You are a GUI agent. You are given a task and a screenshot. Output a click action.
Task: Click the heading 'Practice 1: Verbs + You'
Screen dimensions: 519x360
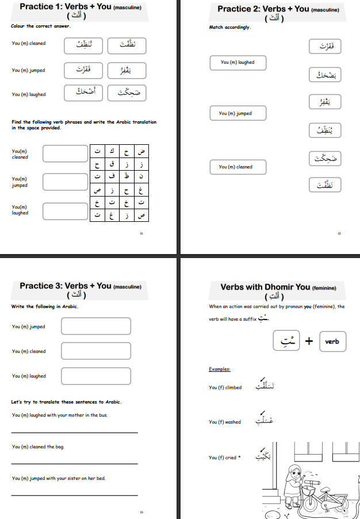coord(81,7)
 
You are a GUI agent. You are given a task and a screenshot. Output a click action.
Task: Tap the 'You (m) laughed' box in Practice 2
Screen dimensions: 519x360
coord(238,63)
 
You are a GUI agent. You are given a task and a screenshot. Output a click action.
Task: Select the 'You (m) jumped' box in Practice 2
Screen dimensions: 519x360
coord(238,114)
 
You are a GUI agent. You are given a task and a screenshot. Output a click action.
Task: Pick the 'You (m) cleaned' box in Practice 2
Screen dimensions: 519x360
coord(238,167)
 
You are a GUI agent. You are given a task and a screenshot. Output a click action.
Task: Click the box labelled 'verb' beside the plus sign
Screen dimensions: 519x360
coord(332,341)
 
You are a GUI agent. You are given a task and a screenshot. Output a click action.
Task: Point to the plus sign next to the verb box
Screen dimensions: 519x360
coord(309,341)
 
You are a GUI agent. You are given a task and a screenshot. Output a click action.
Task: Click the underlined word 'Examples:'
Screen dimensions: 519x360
coord(219,369)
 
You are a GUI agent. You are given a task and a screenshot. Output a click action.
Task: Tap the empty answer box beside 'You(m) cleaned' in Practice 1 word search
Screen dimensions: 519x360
coord(65,153)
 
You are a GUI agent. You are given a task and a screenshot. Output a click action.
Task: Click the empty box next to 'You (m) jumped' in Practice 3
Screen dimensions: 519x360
coord(95,326)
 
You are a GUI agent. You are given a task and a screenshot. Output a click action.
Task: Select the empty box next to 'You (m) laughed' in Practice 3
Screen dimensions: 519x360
coord(95,376)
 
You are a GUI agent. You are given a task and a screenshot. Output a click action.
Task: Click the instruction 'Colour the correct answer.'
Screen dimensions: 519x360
coord(41,26)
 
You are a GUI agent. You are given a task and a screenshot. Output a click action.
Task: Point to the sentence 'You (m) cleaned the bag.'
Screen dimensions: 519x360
coord(42,447)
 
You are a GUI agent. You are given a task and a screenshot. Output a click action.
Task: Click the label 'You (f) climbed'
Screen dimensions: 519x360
coord(225,387)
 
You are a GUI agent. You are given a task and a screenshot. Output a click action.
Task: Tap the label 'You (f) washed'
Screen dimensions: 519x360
coord(225,422)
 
